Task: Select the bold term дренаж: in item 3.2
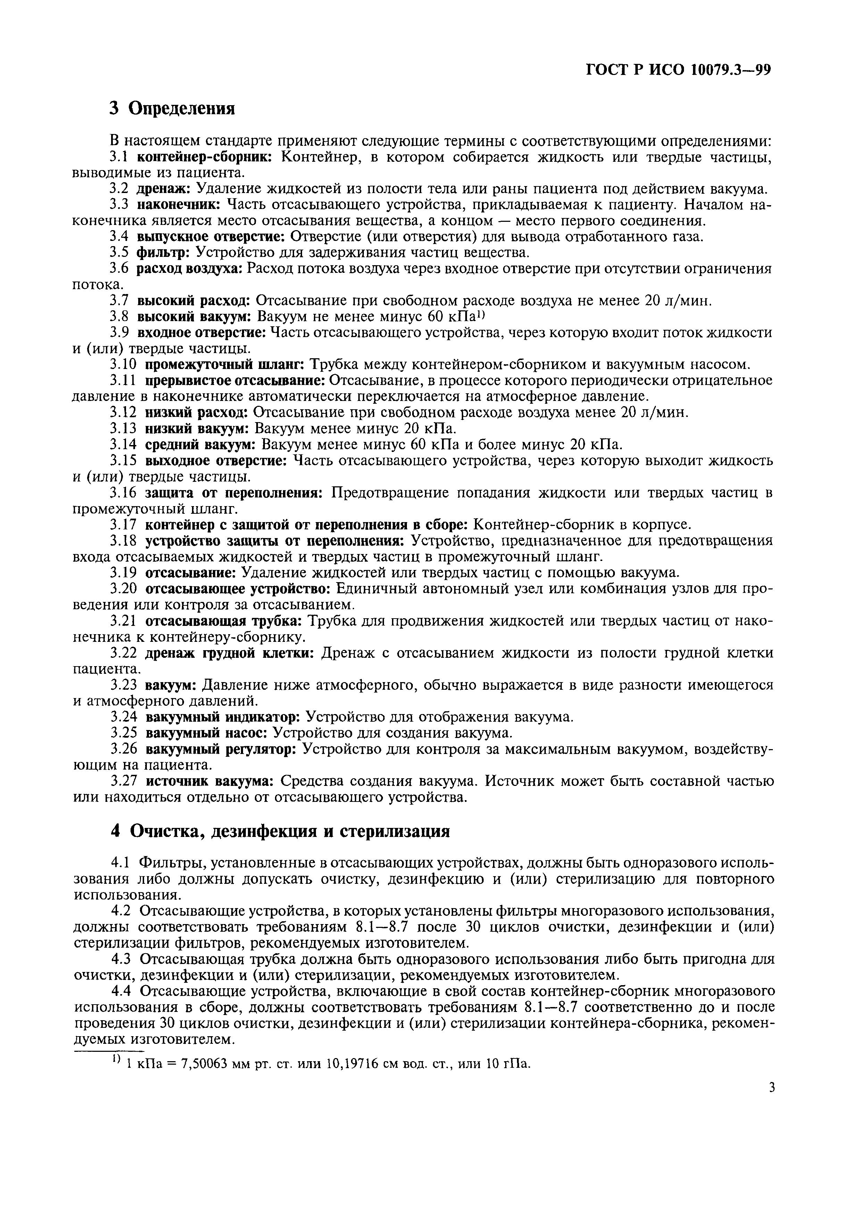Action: click(164, 189)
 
